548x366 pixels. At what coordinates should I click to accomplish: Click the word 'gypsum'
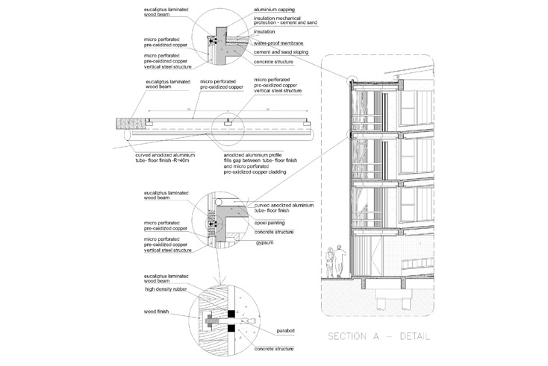click(264, 242)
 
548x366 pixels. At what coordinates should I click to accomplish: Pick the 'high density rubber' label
click(166, 289)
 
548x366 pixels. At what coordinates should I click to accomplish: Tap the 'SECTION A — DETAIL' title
click(379, 336)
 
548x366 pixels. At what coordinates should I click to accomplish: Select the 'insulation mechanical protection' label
click(283, 23)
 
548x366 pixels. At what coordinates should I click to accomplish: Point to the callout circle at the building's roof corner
click(348, 81)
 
